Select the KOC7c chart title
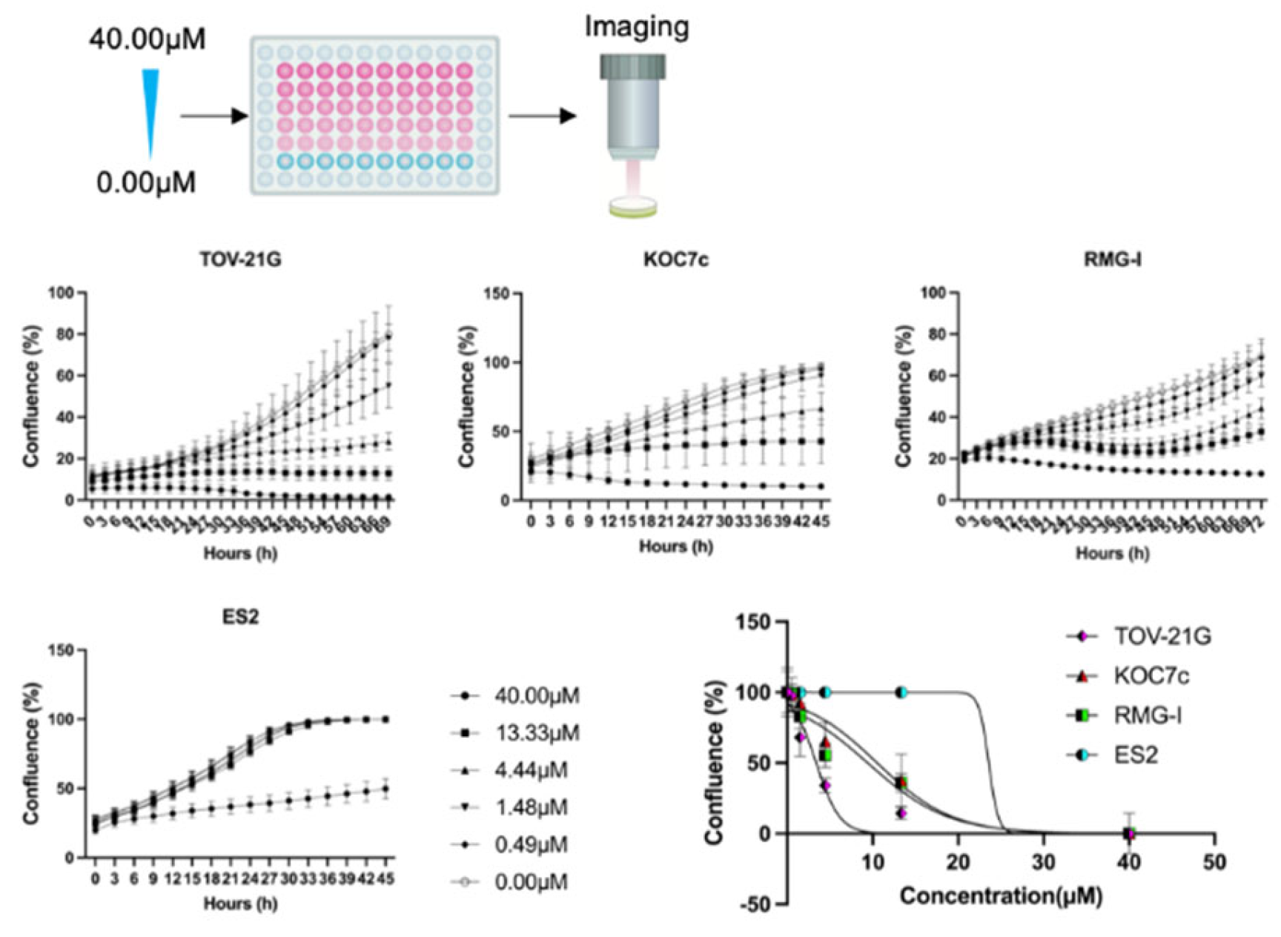point(675,260)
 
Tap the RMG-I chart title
point(1112,259)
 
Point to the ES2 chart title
point(240,617)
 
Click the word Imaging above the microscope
point(636,27)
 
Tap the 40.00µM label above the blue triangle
point(148,39)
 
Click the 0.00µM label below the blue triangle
point(147,182)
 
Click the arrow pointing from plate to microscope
point(542,116)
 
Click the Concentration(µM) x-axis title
point(1001,896)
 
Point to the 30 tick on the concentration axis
point(1043,862)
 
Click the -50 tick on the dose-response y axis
point(756,904)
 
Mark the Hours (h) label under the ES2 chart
point(240,904)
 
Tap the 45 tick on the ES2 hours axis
point(385,879)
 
